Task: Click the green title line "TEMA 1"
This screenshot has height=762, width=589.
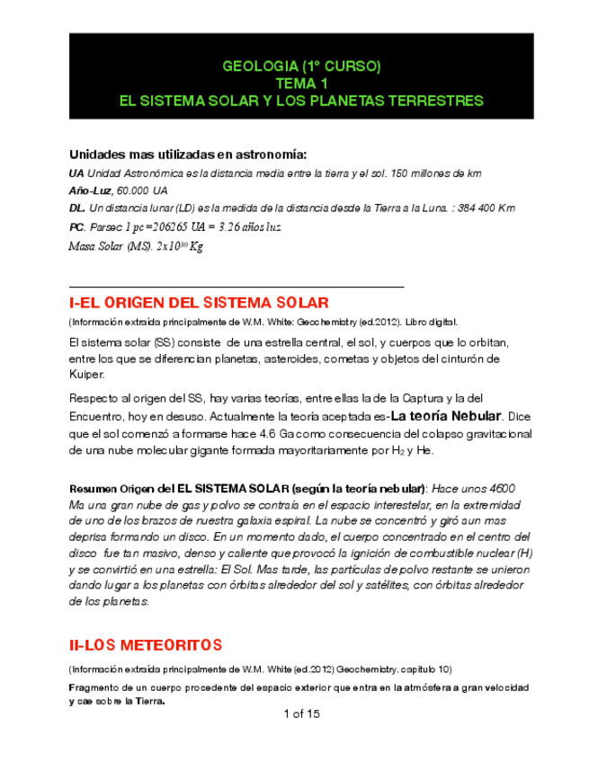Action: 301,83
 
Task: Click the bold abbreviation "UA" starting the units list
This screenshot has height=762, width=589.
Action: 76,173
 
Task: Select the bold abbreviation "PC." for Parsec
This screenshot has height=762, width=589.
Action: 77,226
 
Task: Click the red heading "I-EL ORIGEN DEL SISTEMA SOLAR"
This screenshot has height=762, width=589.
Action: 199,302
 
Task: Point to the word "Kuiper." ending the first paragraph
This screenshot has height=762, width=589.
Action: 87,374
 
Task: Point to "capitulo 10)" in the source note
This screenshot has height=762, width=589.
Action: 423,669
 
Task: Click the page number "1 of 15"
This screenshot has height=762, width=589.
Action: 301,714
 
